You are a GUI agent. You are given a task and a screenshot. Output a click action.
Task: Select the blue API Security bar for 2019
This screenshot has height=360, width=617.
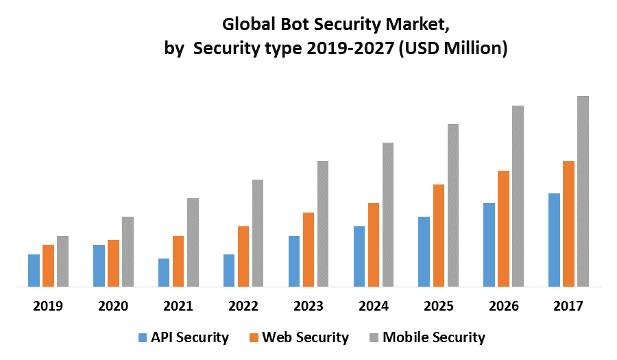[x=34, y=270]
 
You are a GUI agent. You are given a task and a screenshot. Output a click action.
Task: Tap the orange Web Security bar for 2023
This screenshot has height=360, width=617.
[x=308, y=249]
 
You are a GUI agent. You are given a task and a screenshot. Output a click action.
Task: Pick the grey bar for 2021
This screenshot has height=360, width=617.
[x=193, y=242]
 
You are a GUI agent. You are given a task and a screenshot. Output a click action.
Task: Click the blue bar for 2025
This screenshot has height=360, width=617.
[x=424, y=251]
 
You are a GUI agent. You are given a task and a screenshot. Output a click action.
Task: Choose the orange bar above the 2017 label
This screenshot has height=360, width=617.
[x=568, y=224]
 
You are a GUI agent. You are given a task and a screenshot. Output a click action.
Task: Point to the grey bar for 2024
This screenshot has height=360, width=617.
[x=387, y=214]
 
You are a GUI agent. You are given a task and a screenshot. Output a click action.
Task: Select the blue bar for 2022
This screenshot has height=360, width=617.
[x=229, y=270]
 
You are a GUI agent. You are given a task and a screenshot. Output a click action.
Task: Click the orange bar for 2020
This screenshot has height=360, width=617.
[x=113, y=263]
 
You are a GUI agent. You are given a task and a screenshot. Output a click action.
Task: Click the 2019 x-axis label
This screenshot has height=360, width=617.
[x=48, y=307]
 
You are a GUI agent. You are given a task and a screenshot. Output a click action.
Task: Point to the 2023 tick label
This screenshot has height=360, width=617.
[x=308, y=307]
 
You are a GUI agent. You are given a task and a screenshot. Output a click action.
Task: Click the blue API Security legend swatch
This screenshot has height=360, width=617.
[x=143, y=337]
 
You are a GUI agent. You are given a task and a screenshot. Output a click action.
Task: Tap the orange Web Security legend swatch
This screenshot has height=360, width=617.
[x=254, y=337]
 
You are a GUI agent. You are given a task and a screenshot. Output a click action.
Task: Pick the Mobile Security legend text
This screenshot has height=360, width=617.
[x=433, y=337]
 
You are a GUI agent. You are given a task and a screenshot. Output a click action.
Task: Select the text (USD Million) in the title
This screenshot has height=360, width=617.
[x=453, y=49]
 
